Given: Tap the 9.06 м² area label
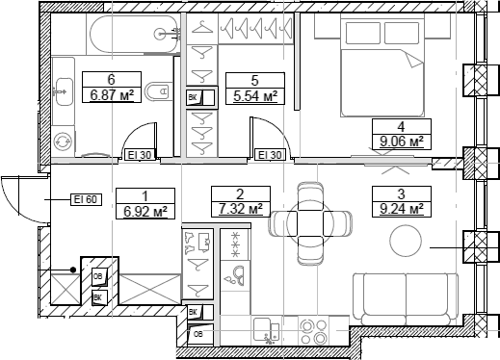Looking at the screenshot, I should point(401,141).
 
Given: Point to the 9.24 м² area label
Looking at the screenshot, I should point(401,208).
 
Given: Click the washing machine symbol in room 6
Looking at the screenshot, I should point(64,140).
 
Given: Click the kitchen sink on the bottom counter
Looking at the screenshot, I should point(266,332).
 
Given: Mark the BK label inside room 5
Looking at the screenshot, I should point(194,96).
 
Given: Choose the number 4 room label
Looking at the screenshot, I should point(401,125).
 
